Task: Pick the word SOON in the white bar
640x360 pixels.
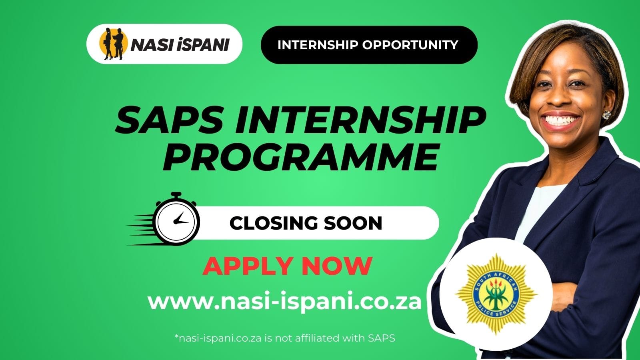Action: [355, 223]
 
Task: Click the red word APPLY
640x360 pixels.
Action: [249, 266]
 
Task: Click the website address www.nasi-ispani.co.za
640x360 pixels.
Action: [285, 302]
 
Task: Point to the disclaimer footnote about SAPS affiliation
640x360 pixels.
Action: [285, 338]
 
